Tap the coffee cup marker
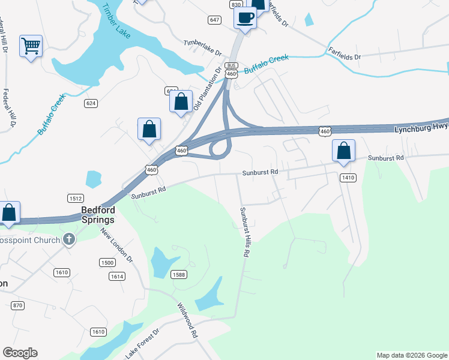245,17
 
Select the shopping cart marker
31,46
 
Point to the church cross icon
69,239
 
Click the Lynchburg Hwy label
420,129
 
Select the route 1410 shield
348,178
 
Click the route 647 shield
214,20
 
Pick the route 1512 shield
75,199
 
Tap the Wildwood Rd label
187,321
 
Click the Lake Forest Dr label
142,344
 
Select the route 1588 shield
178,275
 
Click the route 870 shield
17,305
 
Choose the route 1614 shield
117,276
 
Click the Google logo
20,353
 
